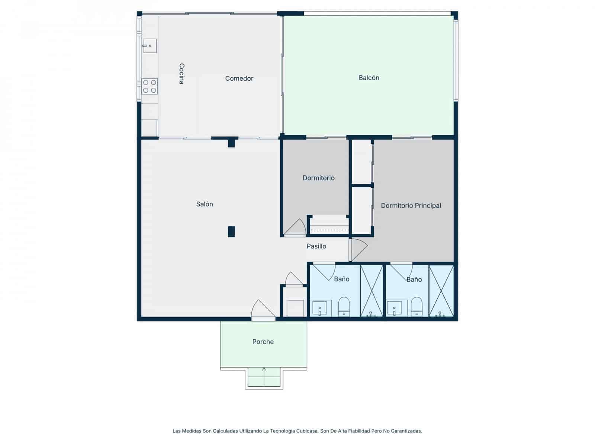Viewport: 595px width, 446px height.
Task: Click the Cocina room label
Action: (181, 74)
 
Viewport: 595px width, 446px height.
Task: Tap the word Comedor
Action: (239, 78)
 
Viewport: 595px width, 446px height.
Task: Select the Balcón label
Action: (369, 78)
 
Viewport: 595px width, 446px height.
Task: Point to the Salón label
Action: (205, 204)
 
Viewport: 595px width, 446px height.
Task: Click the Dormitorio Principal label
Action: (411, 206)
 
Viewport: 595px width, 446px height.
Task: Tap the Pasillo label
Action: (316, 246)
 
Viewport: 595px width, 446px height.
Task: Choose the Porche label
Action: (263, 342)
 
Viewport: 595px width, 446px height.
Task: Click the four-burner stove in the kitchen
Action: (149, 86)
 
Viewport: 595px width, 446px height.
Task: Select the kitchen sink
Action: (149, 45)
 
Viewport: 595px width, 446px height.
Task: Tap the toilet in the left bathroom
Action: (344, 307)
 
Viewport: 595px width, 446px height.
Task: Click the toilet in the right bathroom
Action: (416, 307)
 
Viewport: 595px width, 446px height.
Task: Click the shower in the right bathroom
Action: (441, 291)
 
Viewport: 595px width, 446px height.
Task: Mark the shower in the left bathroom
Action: (372, 291)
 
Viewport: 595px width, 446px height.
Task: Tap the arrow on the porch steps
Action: (264, 376)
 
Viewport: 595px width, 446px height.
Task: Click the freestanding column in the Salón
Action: (231, 232)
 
